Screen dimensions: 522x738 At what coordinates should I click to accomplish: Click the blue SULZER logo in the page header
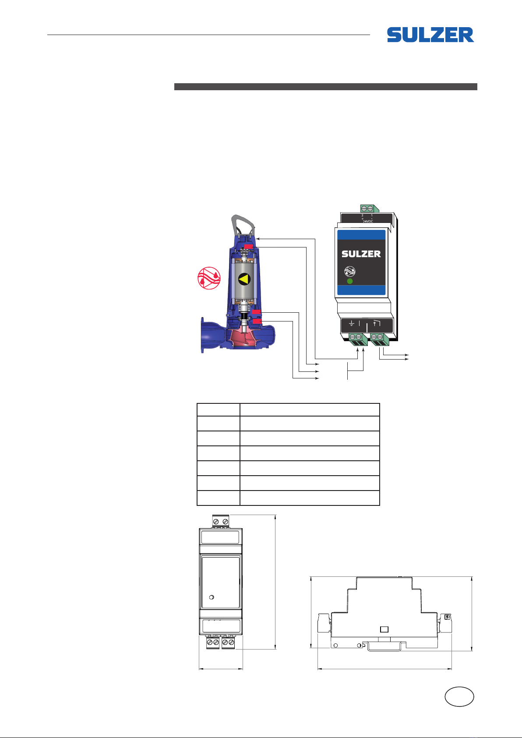[x=430, y=35]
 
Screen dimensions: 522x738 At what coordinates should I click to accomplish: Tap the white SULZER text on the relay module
[x=361, y=254]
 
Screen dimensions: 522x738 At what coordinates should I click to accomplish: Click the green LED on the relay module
[x=350, y=281]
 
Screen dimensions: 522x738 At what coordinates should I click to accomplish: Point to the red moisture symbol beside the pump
[x=209, y=278]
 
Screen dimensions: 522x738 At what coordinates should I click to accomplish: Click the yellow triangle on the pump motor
[x=244, y=279]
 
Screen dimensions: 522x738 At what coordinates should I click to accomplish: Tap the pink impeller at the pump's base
[x=245, y=339]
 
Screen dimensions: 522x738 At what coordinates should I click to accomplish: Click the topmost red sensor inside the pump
[x=249, y=246]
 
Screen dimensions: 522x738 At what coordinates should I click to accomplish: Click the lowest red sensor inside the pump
[x=257, y=321]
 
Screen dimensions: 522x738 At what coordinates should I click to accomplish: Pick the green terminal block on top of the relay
[x=369, y=208]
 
